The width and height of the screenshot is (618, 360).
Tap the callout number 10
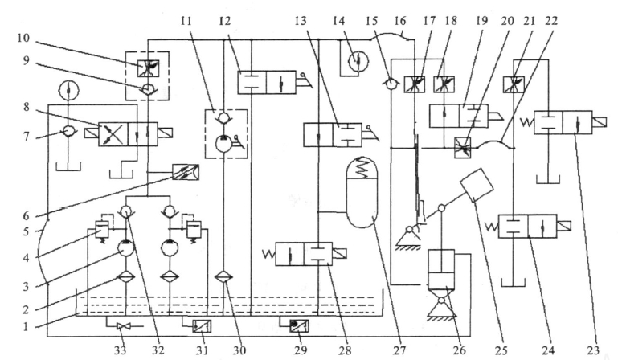18,39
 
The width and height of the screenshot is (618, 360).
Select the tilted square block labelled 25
474,186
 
